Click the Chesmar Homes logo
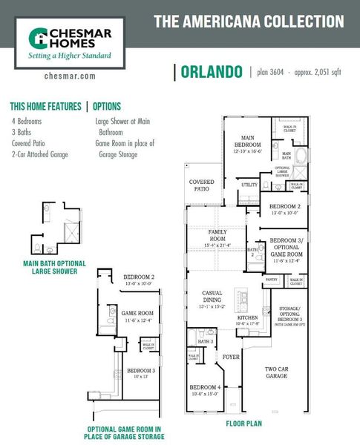point(70,44)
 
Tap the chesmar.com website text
point(70,76)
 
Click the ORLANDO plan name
point(211,72)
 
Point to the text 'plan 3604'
point(272,73)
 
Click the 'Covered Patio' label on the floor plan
point(202,185)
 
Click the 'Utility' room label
point(249,185)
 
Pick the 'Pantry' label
point(271,280)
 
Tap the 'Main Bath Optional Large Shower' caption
point(54,267)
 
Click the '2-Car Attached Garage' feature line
point(39,155)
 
